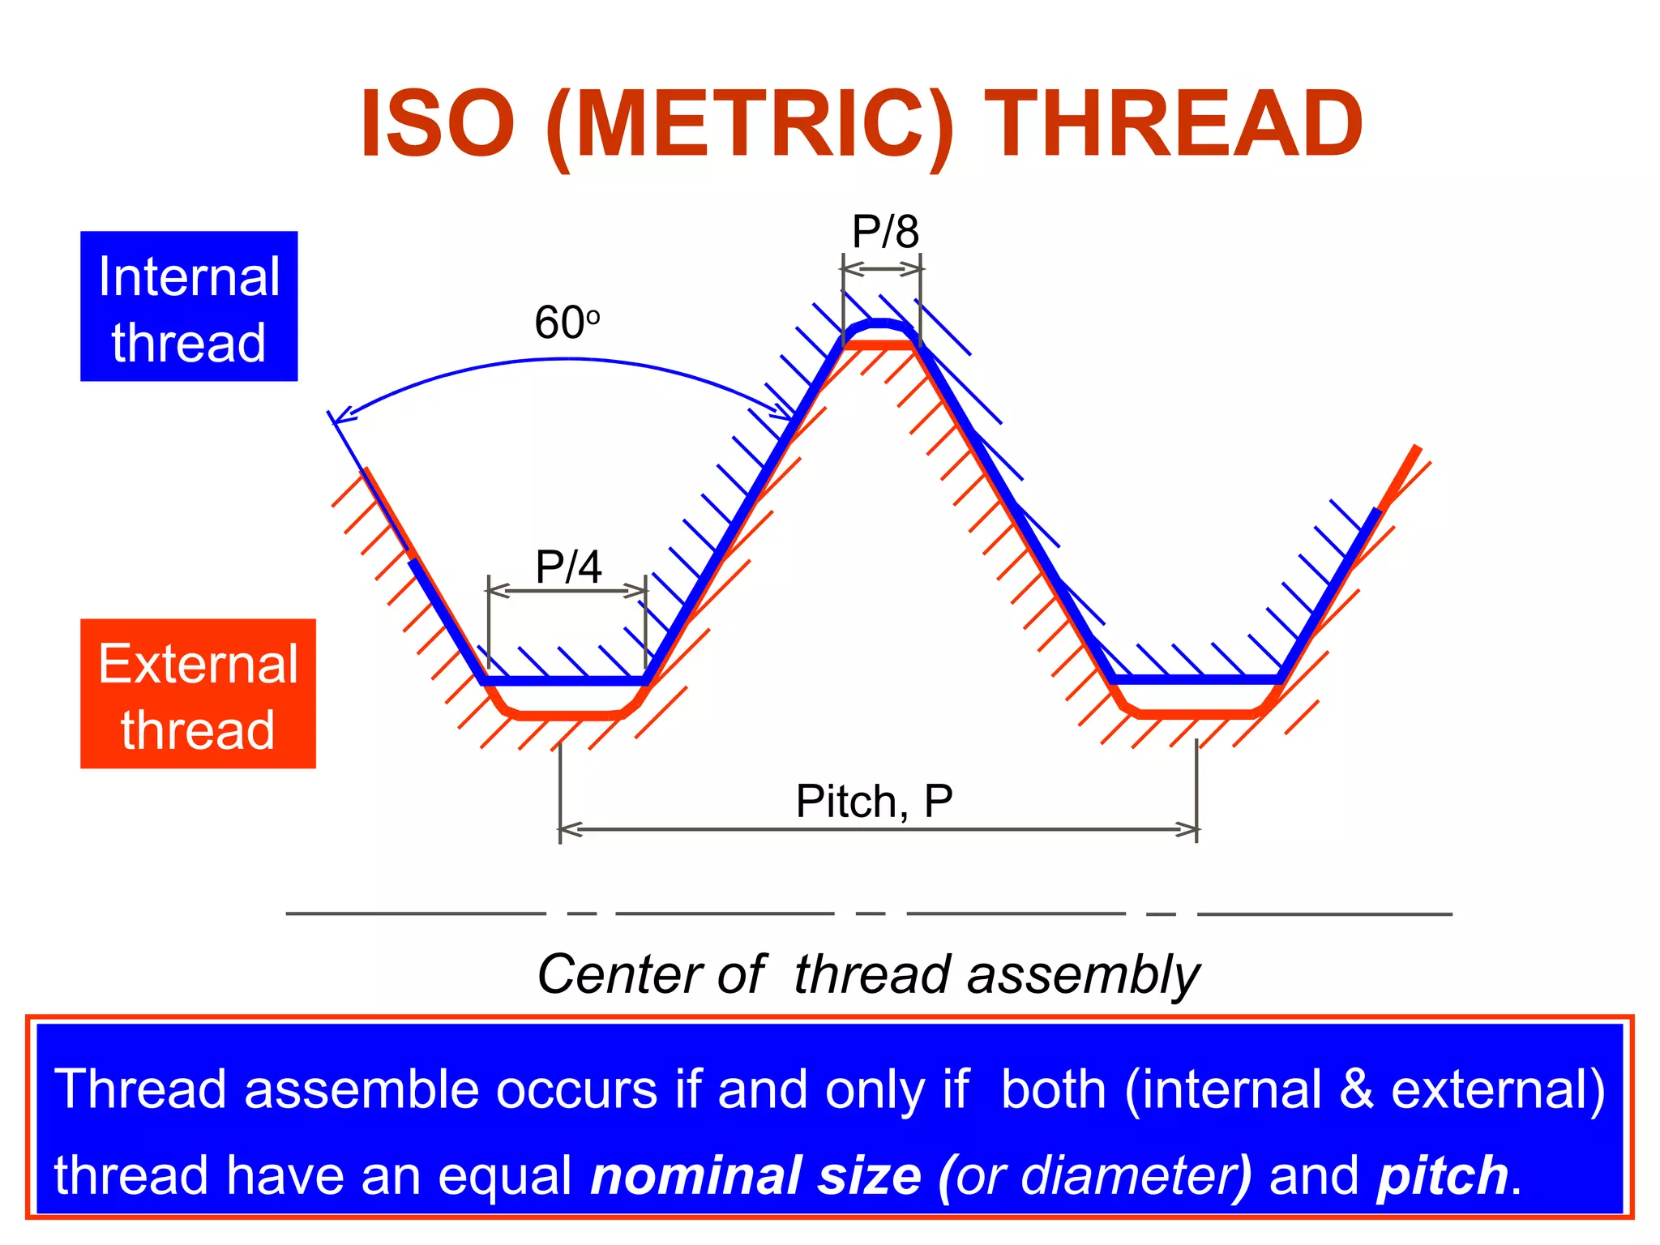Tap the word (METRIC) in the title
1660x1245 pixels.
click(750, 126)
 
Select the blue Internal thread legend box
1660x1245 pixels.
click(189, 306)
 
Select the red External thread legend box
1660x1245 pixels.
click(198, 694)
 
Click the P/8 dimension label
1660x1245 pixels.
click(885, 233)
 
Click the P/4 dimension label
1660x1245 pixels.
click(569, 567)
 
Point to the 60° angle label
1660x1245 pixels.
click(567, 323)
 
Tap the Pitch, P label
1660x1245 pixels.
click(874, 802)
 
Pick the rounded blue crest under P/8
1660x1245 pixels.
click(879, 325)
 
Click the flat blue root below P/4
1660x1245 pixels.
click(567, 681)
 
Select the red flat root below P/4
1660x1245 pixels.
click(567, 715)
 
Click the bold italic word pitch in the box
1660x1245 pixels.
click(1442, 1176)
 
